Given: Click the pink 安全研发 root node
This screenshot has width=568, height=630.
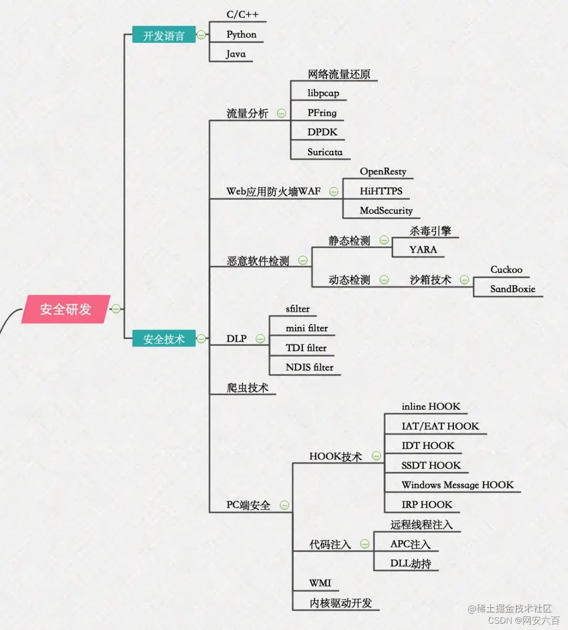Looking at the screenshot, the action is [66, 309].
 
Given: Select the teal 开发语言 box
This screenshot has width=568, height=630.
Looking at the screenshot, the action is [164, 35].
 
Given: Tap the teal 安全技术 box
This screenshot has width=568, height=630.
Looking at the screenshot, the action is [164, 339].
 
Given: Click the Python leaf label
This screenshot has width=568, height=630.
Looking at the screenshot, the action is [241, 35].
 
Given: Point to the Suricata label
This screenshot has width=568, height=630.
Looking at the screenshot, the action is [324, 152].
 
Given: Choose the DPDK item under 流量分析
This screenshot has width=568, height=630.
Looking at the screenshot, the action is [322, 132].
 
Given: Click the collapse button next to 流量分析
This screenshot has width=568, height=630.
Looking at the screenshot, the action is [282, 113].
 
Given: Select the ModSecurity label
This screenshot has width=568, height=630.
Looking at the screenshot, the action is [386, 210].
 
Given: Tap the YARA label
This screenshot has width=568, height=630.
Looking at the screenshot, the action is [423, 249].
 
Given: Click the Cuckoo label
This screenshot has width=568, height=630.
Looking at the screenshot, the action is [506, 270].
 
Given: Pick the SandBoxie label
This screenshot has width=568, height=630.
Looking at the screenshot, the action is [512, 289].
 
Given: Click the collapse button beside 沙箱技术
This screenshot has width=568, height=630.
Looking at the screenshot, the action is [464, 280].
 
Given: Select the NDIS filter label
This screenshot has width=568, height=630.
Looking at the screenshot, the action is [309, 367].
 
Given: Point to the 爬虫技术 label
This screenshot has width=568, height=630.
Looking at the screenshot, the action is [247, 388].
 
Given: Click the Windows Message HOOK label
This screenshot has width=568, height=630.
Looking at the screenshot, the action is [457, 484].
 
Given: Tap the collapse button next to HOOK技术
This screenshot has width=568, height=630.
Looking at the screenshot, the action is [377, 456].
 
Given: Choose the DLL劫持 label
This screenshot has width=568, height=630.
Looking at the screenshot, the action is [410, 563].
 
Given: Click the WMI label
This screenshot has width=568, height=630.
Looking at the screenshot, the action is [320, 583].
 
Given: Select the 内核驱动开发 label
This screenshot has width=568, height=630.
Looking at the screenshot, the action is [340, 603].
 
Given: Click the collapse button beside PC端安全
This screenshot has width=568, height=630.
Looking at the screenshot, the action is [285, 505].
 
